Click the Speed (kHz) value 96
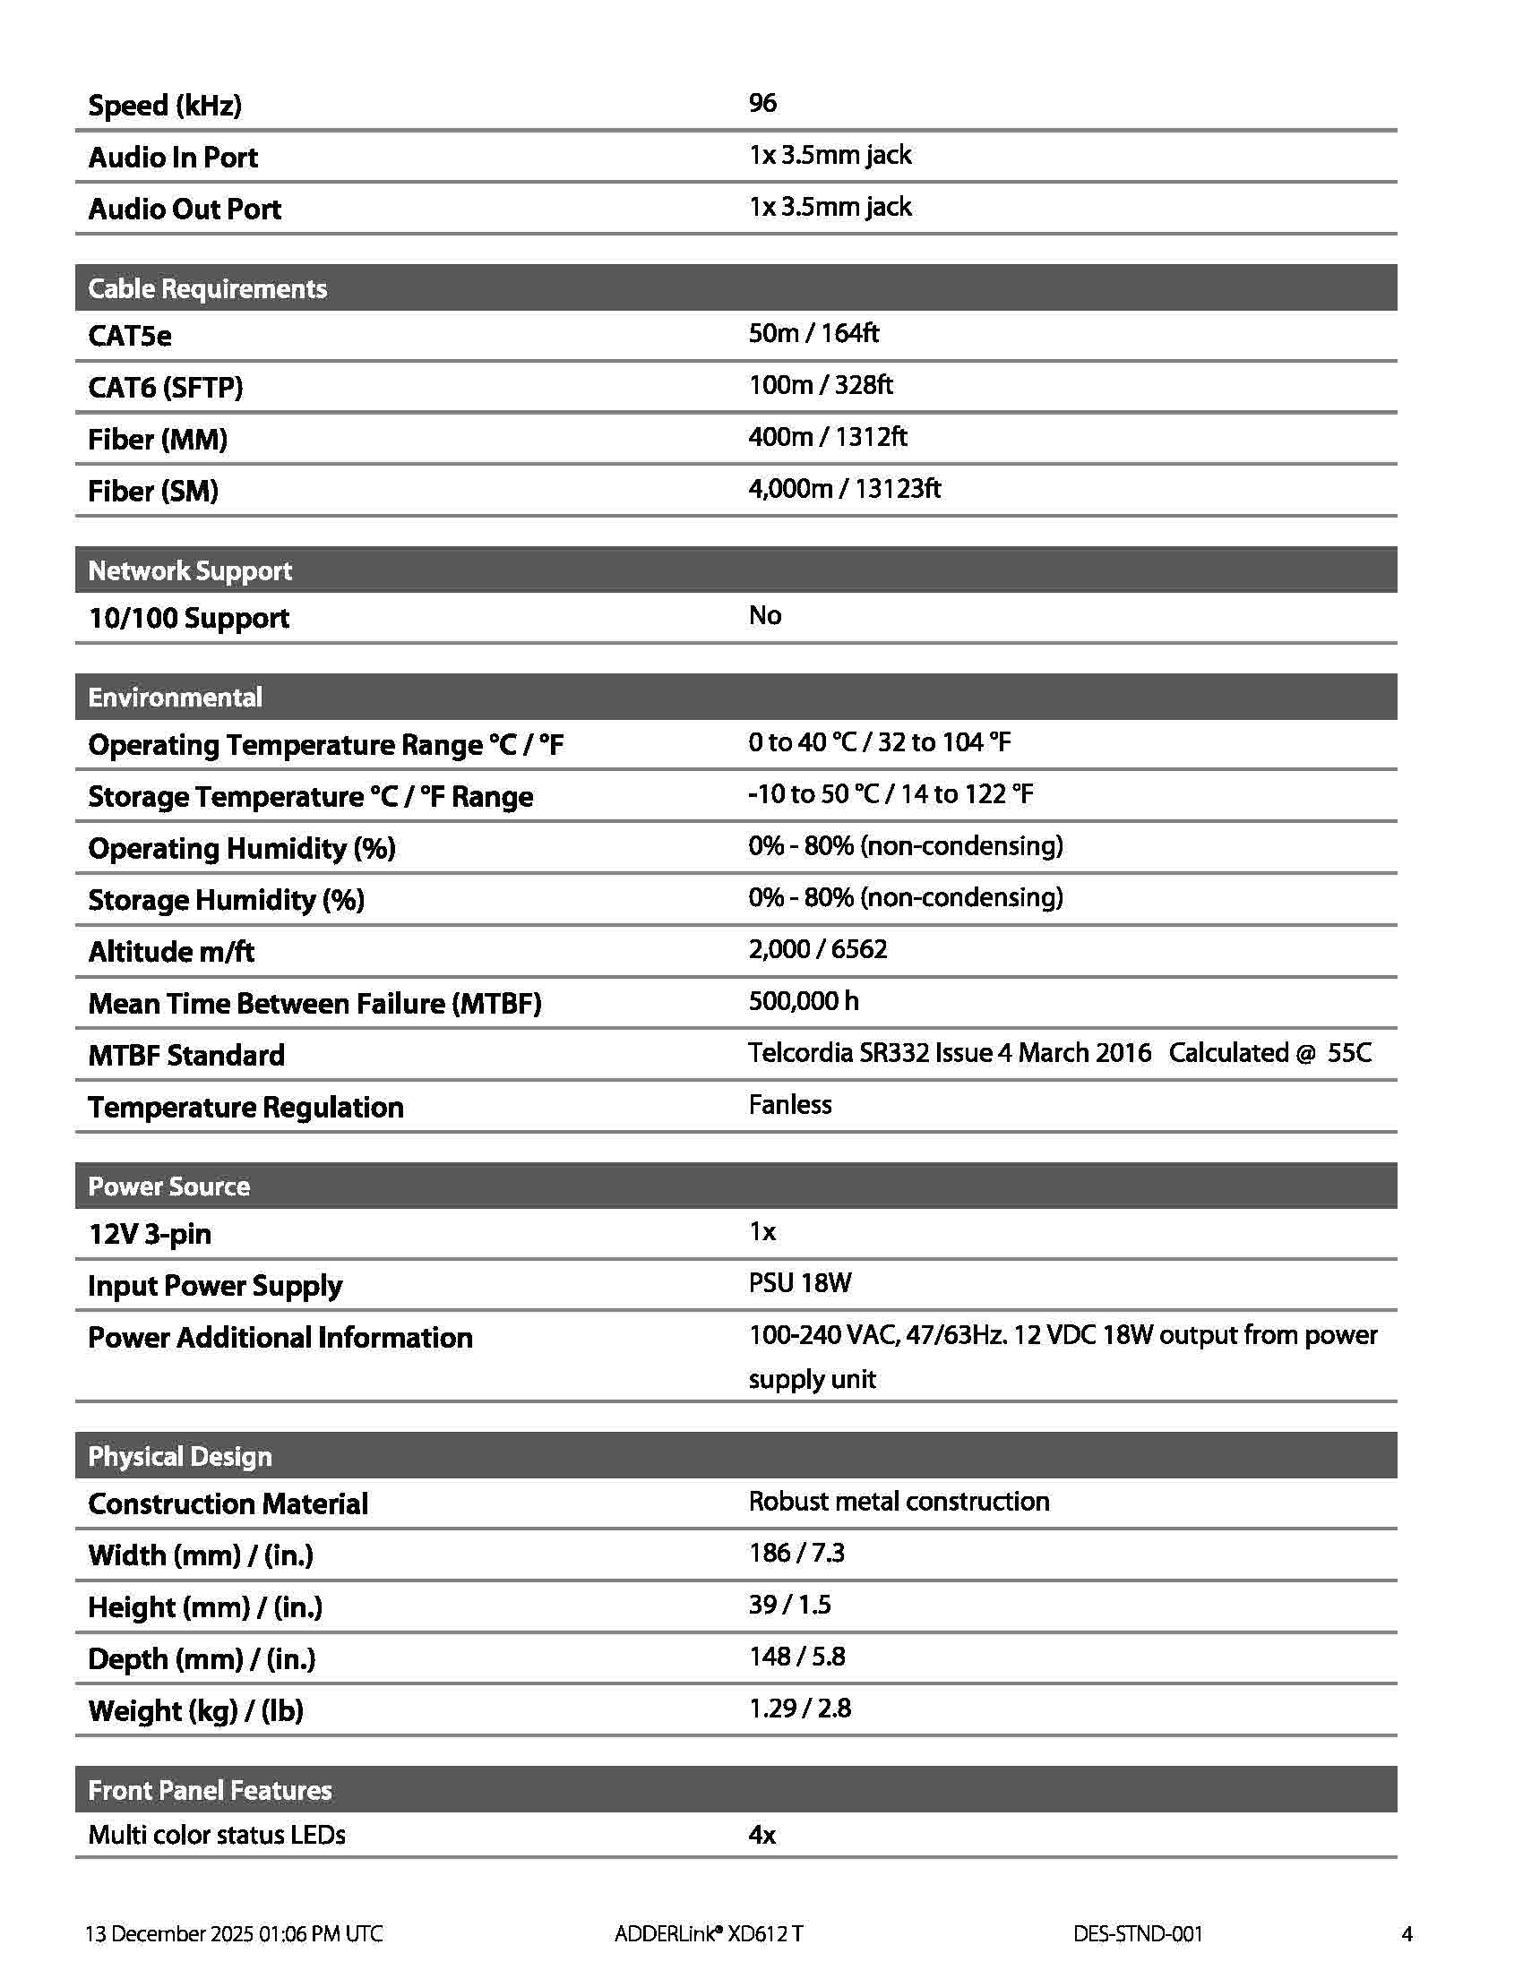tap(762, 103)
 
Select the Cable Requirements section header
tap(208, 288)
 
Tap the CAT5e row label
tap(130, 336)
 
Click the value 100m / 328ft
tap(820, 385)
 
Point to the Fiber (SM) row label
tap(153, 491)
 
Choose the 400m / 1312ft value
tap(828, 437)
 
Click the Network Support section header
tap(189, 570)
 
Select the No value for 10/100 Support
tap(764, 615)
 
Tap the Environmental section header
tap(175, 698)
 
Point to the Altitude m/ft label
tap(171, 952)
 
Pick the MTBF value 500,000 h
tap(803, 1001)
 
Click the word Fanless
tap(789, 1105)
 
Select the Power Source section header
tap(168, 1186)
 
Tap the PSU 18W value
tap(799, 1282)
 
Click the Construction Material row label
tap(228, 1503)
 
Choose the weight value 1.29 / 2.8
tap(799, 1708)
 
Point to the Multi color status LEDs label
tap(217, 1834)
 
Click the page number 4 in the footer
tap(1407, 1933)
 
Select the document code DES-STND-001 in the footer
tap(1138, 1933)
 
